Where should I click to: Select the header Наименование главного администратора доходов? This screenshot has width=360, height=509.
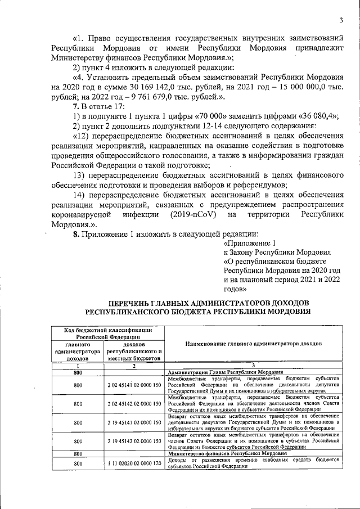[x=253, y=343]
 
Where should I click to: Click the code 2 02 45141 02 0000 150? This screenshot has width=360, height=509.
[x=135, y=385]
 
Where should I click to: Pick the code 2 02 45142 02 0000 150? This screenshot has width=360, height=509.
[x=135, y=403]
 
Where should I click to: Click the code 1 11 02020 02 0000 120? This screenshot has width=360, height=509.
[x=135, y=463]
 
